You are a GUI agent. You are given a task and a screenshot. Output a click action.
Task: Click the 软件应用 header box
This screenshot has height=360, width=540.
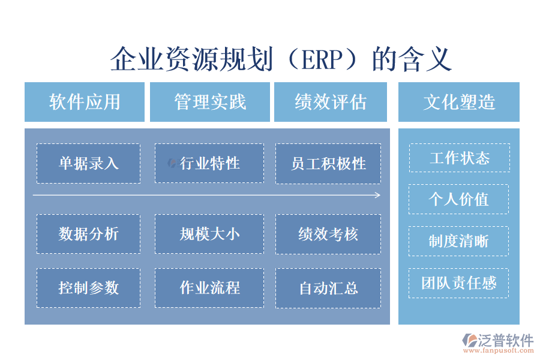(85, 102)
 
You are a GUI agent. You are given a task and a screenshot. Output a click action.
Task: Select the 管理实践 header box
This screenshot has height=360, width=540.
(209, 102)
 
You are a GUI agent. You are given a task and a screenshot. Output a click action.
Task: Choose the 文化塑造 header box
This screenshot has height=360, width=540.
(459, 102)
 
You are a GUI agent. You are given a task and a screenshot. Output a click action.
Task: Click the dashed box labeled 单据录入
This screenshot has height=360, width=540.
(88, 163)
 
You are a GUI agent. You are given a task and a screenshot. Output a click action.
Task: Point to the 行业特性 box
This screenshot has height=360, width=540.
(209, 163)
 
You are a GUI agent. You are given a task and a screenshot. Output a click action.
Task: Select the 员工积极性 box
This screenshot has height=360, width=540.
(328, 163)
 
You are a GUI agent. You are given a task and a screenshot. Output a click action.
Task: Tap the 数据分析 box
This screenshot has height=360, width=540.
(88, 234)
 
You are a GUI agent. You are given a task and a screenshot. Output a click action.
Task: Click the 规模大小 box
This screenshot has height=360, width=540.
(209, 234)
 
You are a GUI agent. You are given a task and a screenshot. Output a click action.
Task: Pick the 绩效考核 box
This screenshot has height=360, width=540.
(328, 234)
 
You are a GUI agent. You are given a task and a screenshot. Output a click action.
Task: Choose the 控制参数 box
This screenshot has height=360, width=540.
(88, 288)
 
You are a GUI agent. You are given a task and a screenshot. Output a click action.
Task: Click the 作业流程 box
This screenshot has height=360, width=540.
(209, 288)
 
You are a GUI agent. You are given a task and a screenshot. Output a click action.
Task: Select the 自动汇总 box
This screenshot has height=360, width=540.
(328, 288)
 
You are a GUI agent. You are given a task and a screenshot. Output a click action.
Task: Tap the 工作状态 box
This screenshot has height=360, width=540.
(459, 158)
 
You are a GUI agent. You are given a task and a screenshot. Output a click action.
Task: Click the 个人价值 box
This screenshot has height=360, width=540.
(459, 199)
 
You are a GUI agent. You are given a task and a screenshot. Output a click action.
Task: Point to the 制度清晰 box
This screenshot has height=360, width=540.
(459, 241)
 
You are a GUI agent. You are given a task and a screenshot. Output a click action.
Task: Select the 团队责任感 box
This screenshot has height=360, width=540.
(459, 283)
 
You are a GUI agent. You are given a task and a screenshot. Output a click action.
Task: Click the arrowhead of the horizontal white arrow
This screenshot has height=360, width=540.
(377, 195)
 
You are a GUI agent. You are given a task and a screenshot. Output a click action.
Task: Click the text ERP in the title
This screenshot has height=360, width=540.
(320, 60)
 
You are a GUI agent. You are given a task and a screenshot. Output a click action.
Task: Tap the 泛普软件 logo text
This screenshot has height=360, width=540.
(505, 340)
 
